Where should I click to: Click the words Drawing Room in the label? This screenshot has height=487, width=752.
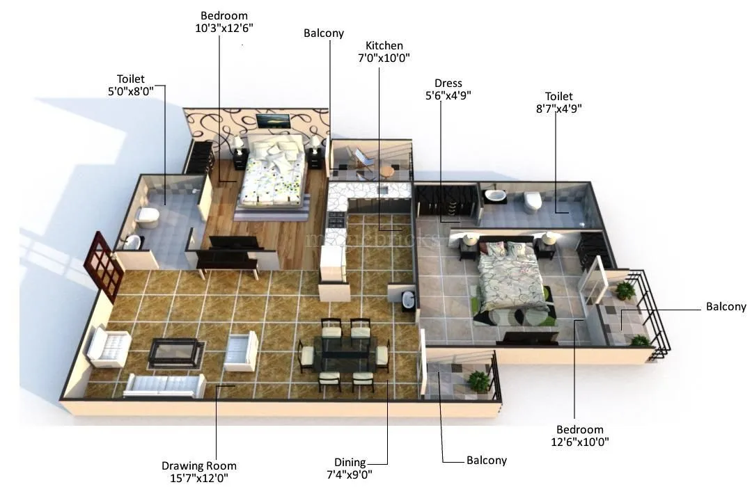tap(198, 465)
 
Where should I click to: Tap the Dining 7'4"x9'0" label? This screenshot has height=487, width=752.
tap(350, 468)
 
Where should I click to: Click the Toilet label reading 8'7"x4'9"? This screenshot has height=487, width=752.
tap(558, 102)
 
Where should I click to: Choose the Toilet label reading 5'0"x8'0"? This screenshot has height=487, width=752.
tap(131, 85)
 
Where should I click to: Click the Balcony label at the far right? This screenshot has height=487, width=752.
tap(726, 307)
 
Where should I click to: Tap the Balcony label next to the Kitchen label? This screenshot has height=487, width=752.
tap(324, 33)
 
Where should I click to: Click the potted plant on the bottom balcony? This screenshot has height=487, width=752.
tap(478, 381)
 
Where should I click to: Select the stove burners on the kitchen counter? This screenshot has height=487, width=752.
tap(335, 221)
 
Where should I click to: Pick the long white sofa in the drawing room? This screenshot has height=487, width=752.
tap(165, 385)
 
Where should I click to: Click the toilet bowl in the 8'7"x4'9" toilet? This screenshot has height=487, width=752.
tap(533, 201)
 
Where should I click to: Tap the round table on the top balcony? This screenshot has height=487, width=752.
tap(387, 170)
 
